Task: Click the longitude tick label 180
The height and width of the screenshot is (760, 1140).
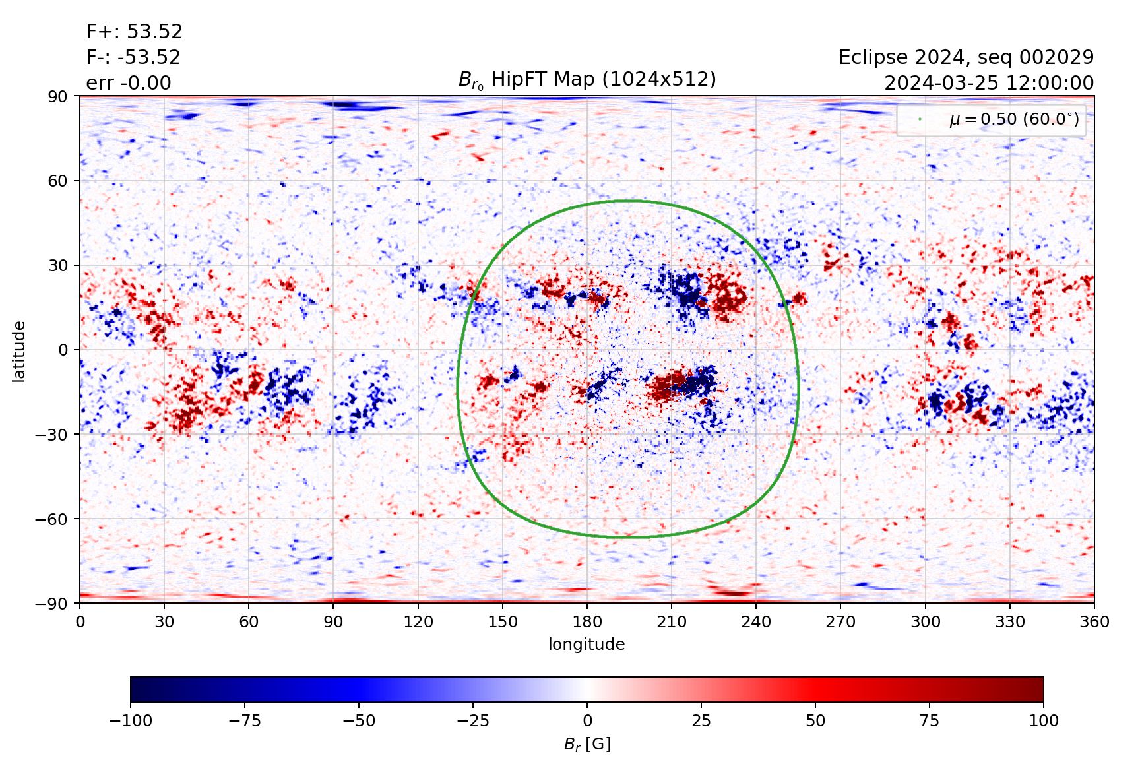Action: point(587,622)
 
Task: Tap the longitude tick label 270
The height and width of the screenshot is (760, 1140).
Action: point(840,622)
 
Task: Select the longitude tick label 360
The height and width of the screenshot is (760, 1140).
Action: point(1094,622)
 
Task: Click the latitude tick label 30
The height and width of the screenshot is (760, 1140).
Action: point(58,265)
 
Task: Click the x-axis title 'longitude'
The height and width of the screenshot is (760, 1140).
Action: point(586,645)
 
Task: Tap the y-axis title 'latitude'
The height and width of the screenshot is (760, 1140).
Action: point(19,351)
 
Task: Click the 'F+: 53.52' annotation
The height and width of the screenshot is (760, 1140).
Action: point(135,32)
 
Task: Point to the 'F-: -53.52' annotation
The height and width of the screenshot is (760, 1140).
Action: point(133,57)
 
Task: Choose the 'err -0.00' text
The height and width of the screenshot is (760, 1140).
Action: point(129,83)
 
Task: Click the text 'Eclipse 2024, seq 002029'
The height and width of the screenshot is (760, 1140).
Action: point(966,57)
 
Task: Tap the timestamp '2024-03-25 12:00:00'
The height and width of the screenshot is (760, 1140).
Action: point(988,83)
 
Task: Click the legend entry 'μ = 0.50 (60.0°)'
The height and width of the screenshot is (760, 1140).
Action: point(1014,119)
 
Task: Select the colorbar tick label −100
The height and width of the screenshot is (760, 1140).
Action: point(131,721)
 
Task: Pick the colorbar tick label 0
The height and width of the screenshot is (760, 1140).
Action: point(587,721)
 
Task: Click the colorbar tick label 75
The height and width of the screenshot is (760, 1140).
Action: point(930,721)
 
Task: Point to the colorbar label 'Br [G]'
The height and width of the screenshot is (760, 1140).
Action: point(587,745)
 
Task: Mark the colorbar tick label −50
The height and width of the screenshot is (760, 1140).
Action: point(359,721)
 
